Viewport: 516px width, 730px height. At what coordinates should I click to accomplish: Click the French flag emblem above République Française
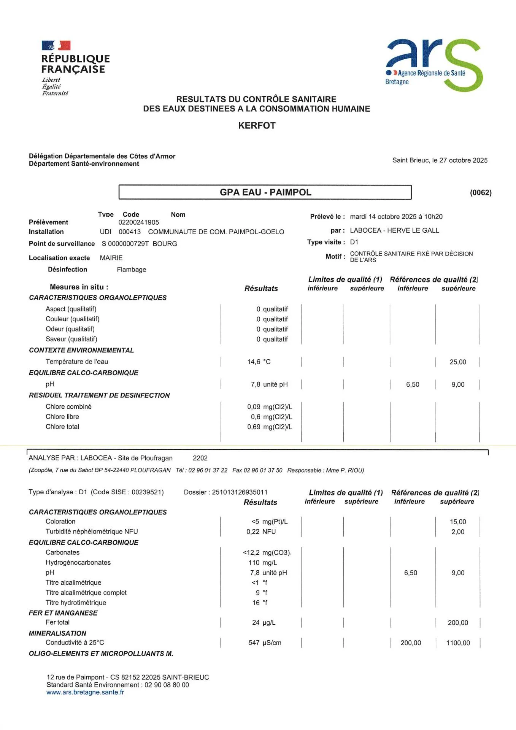click(56, 46)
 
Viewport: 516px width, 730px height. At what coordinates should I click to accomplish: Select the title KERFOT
click(257, 125)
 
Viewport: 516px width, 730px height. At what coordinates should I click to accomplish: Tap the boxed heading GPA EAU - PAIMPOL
click(265, 192)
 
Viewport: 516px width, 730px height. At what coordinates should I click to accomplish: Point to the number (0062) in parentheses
click(481, 192)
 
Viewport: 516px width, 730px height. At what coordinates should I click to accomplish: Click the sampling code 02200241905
click(138, 222)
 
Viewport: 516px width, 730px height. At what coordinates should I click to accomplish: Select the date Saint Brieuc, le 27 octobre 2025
click(440, 160)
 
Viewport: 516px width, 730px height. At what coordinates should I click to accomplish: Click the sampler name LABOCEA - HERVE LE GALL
click(394, 230)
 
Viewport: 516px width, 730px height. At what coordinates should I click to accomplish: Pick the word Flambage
click(131, 270)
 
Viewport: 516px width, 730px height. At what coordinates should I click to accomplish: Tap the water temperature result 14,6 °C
click(259, 362)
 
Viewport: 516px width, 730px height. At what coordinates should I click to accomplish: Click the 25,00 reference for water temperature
click(458, 362)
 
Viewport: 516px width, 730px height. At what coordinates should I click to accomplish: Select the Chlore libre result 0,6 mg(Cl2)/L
click(271, 417)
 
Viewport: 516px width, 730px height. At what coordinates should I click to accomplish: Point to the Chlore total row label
click(62, 427)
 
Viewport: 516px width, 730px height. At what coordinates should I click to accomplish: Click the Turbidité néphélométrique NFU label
click(92, 532)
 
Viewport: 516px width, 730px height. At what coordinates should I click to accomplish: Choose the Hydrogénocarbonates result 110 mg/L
click(263, 563)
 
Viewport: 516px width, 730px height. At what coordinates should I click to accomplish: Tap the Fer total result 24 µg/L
click(264, 623)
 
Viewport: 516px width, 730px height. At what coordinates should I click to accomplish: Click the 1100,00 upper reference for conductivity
click(458, 643)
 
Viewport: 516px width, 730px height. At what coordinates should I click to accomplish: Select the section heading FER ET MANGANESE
click(63, 613)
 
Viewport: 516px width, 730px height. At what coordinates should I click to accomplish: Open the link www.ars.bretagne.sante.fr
click(85, 692)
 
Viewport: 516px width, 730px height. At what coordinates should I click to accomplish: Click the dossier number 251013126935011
click(240, 492)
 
